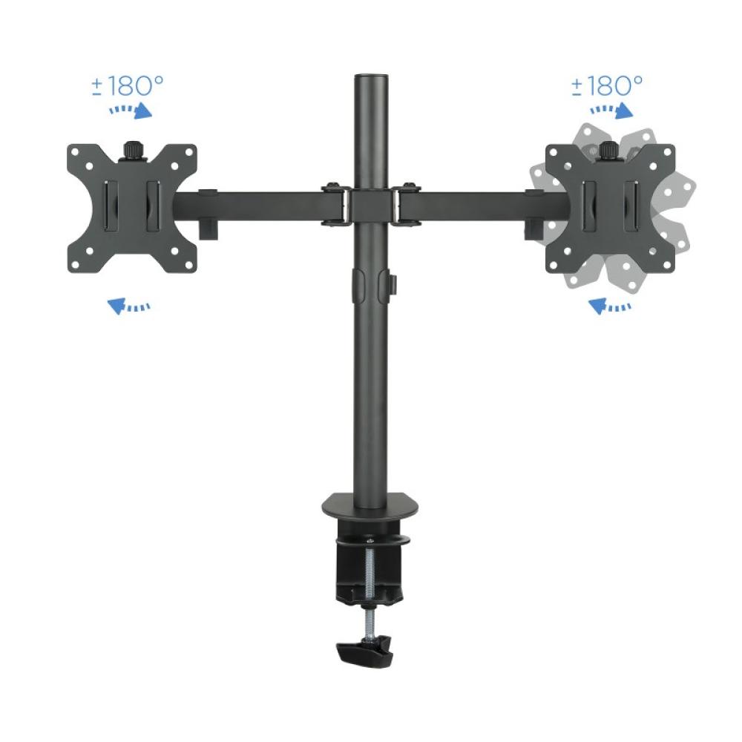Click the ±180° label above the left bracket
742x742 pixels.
127,85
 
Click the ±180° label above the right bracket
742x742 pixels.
607,85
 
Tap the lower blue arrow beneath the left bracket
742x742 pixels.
128,305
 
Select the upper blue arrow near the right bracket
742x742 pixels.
613,110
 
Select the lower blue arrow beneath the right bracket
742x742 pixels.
609,305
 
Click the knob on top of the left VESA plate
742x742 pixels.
132,151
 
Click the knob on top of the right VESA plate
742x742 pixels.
610,151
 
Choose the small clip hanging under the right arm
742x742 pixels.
533,227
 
